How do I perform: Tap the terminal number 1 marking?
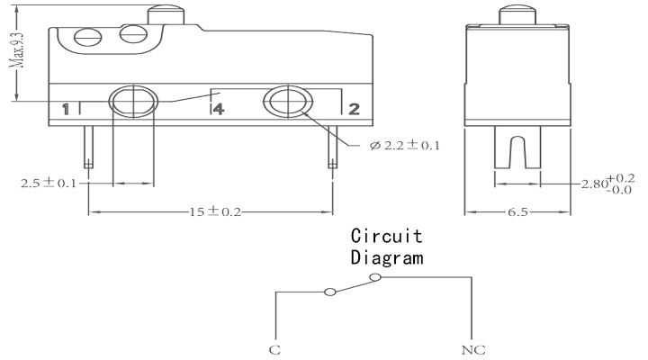pos(66,109)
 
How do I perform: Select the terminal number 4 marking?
pos(218,109)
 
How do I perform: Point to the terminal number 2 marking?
pos(355,109)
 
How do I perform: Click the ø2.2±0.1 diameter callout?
pos(405,145)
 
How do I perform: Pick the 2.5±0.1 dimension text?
pos(49,183)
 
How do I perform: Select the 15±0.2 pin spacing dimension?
pos(215,211)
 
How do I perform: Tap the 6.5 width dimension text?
pos(517,212)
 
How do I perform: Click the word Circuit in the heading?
pos(386,236)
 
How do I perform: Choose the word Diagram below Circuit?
pos(387,257)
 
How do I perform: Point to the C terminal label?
pos(274,350)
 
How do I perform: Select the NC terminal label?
pos(473,350)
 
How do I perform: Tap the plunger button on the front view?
pos(166,15)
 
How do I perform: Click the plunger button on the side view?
pos(517,15)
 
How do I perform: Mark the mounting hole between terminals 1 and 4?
pos(133,102)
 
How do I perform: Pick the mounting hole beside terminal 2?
pos(288,102)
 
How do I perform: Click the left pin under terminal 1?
pos(88,147)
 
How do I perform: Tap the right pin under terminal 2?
pos(333,147)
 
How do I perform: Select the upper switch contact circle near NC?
pos(374,277)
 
